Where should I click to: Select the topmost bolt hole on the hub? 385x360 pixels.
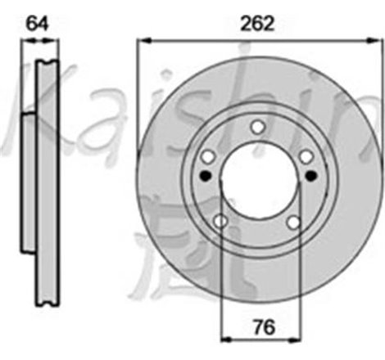tap(258, 126)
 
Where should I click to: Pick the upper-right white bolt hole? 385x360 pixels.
tap(306, 155)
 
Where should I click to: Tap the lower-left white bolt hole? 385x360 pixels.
tap(220, 221)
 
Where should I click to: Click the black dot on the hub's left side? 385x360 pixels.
tap(205, 175)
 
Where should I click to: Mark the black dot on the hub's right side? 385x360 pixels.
tap(311, 175)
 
